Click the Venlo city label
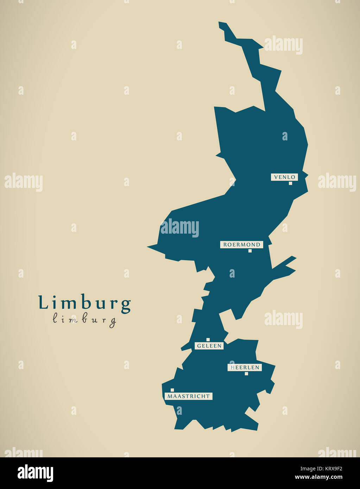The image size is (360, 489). pyautogui.click(x=284, y=177)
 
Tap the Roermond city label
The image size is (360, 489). pyautogui.click(x=242, y=245)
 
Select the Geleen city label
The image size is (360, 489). pyautogui.click(x=209, y=346)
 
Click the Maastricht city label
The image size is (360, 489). pyautogui.click(x=189, y=396)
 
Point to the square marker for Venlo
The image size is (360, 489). pyautogui.click(x=290, y=183)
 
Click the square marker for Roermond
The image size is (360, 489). pyautogui.click(x=250, y=251)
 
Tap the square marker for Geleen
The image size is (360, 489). pyautogui.click(x=208, y=339)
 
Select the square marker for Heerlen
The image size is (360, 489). pyautogui.click(x=246, y=374)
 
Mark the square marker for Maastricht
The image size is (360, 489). pyautogui.click(x=172, y=390)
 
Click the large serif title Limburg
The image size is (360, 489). pyautogui.click(x=84, y=303)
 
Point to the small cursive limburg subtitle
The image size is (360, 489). pyautogui.click(x=84, y=320)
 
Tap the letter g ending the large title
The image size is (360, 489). pyautogui.click(x=126, y=305)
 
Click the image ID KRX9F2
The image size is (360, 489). pyautogui.click(x=330, y=468)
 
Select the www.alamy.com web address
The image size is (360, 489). pyautogui.click(x=318, y=477)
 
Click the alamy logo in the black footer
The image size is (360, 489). pyautogui.click(x=35, y=473)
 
